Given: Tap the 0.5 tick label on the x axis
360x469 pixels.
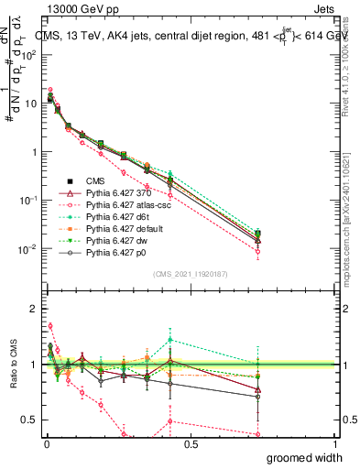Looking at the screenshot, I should pos(190,445).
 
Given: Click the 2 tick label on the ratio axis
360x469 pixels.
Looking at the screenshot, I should pos(35,309).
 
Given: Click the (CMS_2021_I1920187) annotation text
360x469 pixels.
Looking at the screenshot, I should pos(190,274).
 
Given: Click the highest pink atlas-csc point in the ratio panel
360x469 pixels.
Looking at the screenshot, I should pos(49,325).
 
